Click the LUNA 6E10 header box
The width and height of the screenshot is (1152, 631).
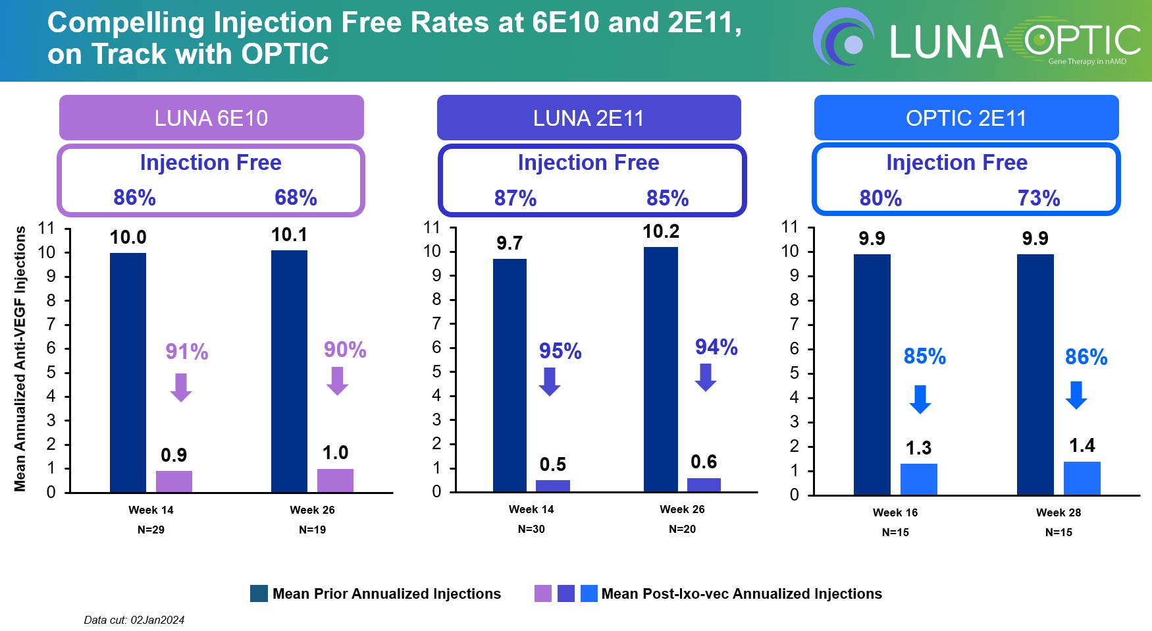pos(211,118)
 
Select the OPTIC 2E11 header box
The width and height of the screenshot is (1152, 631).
pos(966,118)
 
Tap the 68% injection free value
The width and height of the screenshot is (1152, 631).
pos(296,198)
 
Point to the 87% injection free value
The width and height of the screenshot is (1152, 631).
pos(515,198)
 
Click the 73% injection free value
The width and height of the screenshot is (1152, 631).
pos(1039,198)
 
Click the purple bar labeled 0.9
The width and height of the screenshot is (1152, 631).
pos(174,481)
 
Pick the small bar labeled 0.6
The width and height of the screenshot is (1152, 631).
pos(704,485)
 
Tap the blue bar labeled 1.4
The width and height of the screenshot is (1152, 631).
pos(1082,478)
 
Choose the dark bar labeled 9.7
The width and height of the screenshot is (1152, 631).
pos(510,375)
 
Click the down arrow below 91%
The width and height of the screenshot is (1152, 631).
pos(181,387)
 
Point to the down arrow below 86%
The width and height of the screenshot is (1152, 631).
pos(1076,395)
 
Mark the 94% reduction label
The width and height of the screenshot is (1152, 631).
pos(716,347)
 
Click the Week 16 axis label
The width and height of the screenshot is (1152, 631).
pos(895,512)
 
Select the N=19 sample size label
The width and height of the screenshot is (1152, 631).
pos(312,530)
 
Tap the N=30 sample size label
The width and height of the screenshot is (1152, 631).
pos(531,529)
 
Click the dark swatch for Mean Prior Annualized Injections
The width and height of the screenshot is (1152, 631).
pos(259,593)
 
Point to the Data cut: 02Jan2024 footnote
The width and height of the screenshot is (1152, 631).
pos(134,620)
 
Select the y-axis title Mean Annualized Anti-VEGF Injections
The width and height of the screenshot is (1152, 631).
pos(20,359)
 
